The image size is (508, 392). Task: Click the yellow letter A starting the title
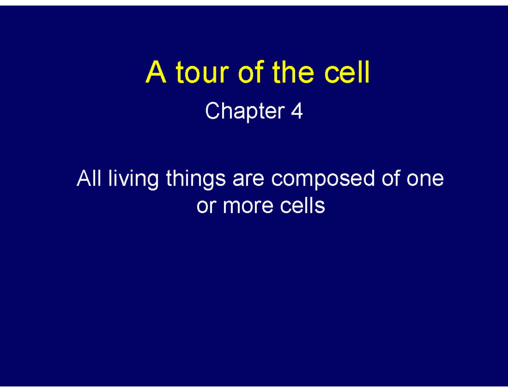point(154,74)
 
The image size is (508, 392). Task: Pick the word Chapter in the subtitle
point(245,112)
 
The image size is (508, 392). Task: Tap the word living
point(133,179)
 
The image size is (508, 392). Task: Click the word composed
point(323,179)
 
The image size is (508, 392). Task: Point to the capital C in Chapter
point(211,112)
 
